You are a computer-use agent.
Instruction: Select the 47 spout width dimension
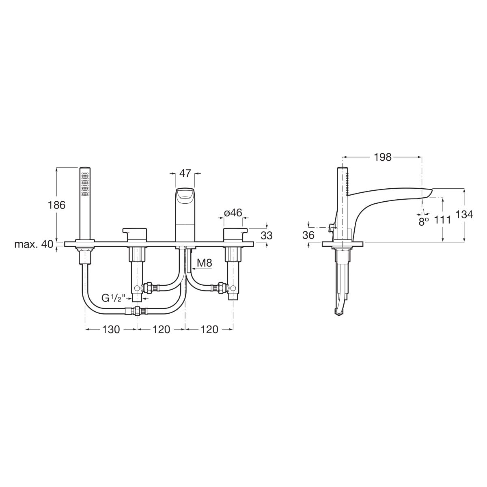point(185,174)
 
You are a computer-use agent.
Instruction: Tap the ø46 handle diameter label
point(233,213)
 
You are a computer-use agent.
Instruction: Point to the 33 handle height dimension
point(266,235)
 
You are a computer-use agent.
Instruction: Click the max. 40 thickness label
point(34,244)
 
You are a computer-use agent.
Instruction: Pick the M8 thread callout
point(205,263)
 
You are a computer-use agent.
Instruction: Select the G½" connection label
point(114,298)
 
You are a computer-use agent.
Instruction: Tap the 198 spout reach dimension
point(382,157)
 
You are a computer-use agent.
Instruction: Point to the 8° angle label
point(424,222)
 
